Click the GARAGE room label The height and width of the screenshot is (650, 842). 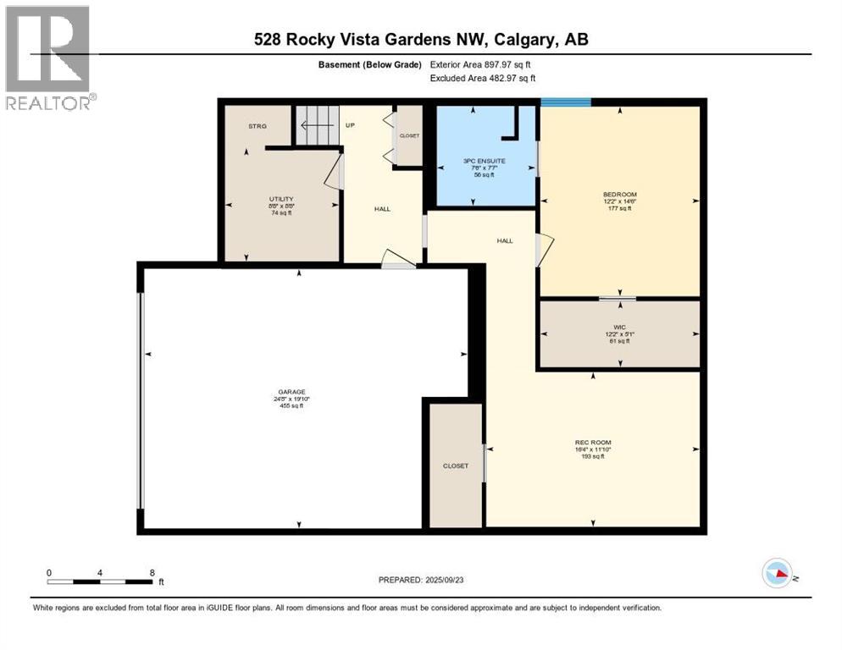(x=291, y=392)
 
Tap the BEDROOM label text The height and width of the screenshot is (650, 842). (x=621, y=195)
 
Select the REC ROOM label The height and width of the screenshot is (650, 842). (x=593, y=443)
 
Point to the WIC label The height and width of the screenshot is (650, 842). (x=620, y=325)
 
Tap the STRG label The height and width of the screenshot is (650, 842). (x=258, y=126)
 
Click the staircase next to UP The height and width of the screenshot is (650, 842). (x=316, y=125)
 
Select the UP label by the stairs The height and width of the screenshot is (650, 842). (x=350, y=126)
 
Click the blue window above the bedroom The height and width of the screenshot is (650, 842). (x=565, y=102)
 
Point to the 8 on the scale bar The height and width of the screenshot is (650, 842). (x=152, y=573)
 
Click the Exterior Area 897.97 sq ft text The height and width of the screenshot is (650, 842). (x=482, y=64)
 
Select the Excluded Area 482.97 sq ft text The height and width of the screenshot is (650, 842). (x=483, y=78)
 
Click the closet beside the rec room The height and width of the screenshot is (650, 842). (x=456, y=465)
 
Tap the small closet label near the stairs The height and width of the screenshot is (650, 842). (x=410, y=135)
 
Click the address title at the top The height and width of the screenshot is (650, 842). (x=421, y=39)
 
